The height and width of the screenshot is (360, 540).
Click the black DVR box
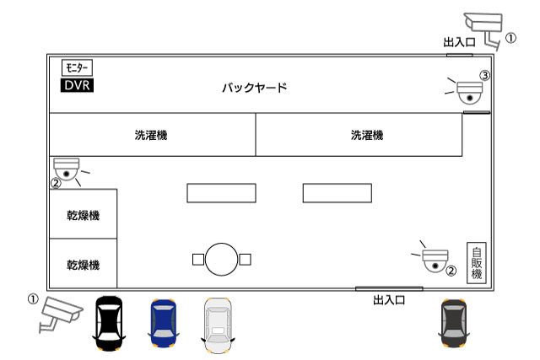(77, 85)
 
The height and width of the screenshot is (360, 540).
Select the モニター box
(77, 67)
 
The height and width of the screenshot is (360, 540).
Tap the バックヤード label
(255, 88)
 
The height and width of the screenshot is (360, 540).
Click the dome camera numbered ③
(469, 92)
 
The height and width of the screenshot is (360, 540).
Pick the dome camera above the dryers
(67, 169)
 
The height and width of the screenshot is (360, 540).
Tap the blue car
(164, 323)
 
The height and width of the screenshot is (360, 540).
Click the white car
(218, 325)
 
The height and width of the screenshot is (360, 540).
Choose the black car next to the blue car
(109, 323)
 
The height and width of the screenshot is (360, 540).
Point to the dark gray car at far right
(454, 323)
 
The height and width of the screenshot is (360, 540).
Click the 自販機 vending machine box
(477, 263)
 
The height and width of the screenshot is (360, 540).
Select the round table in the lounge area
(221, 260)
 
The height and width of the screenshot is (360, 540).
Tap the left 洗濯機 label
(151, 135)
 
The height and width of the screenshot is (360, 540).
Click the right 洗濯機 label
(367, 135)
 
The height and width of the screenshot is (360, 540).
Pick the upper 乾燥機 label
(84, 216)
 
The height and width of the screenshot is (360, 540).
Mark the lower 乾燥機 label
(84, 265)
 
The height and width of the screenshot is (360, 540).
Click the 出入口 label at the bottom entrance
(389, 300)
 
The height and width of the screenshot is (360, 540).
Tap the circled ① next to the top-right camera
(510, 38)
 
